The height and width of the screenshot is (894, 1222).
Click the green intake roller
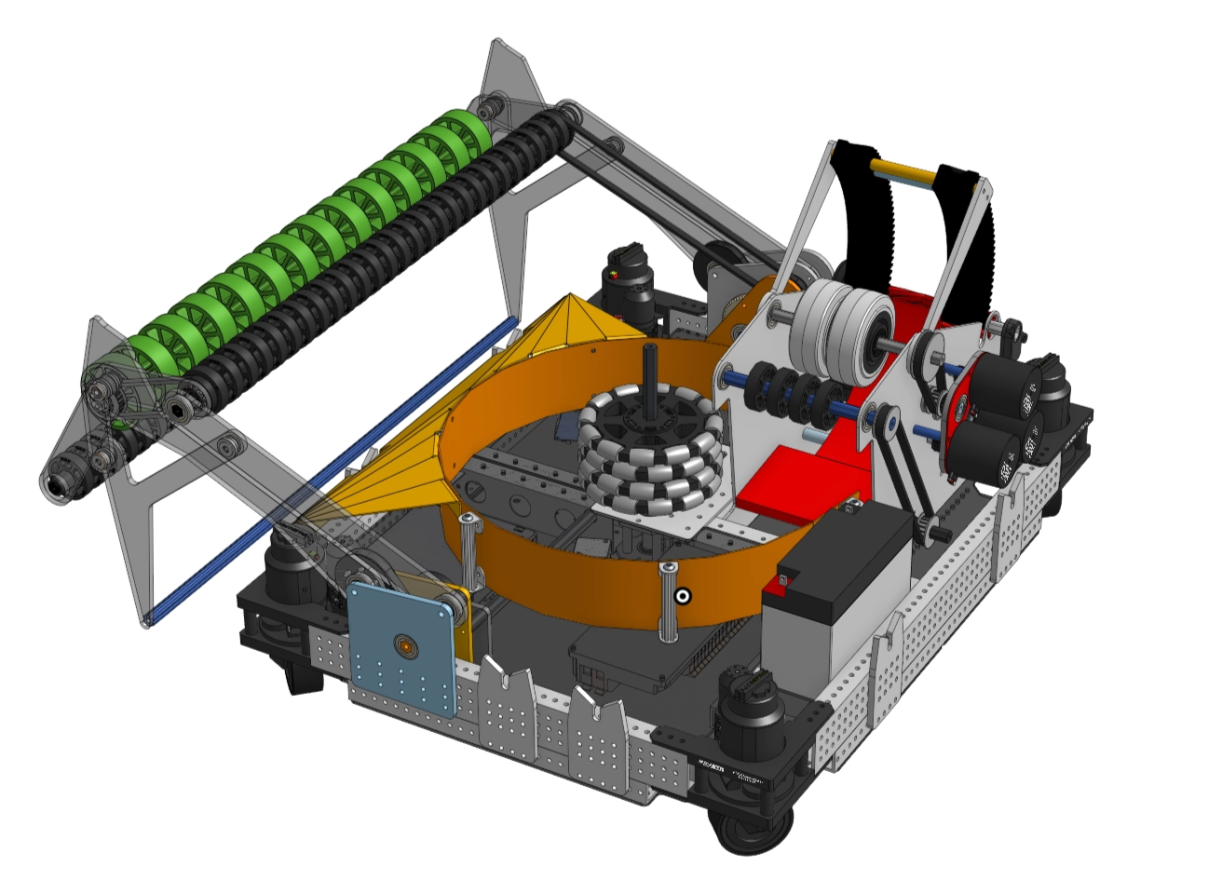(307, 233)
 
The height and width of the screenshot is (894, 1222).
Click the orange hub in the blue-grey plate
(405, 644)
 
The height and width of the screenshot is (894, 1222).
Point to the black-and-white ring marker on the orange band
(684, 596)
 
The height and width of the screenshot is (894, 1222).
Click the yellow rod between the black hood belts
(903, 173)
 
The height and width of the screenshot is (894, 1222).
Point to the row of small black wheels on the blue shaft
(792, 391)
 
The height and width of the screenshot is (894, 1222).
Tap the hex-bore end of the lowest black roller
(56, 483)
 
